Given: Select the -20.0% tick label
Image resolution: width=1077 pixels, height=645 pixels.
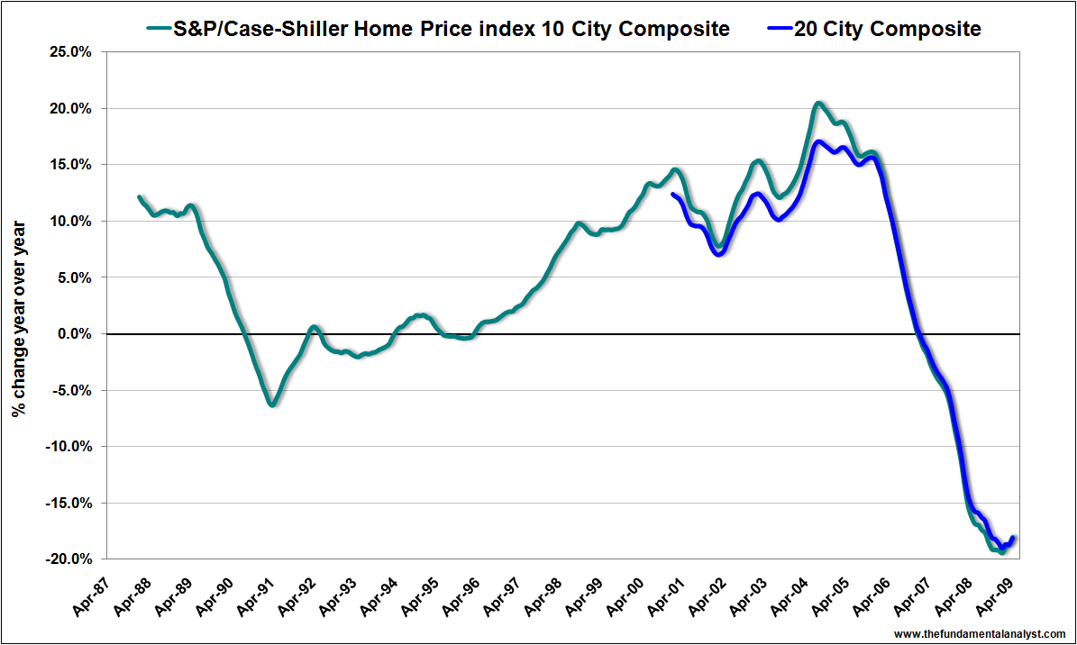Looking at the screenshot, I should coord(68,559).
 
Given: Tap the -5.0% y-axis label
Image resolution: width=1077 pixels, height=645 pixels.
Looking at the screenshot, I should coord(71,391).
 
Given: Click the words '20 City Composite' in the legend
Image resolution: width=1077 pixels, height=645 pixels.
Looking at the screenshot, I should coord(888,30).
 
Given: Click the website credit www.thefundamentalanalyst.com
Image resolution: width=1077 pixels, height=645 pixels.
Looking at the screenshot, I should coord(980,632).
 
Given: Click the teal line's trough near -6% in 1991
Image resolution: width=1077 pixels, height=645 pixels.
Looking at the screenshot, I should coord(271,404).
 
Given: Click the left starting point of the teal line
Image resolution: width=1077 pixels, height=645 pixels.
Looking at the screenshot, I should coord(139,196).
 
